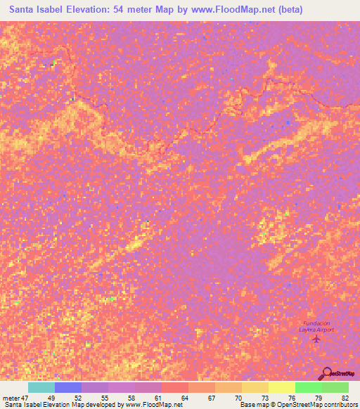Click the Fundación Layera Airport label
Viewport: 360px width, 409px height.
pyautogui.click(x=316, y=326)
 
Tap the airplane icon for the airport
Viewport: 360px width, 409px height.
pyautogui.click(x=316, y=340)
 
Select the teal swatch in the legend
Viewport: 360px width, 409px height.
pyautogui.click(x=41, y=387)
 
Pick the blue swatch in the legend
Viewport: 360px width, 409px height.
pyautogui.click(x=68, y=387)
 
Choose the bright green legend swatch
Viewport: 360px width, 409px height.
pyautogui.click(x=309, y=387)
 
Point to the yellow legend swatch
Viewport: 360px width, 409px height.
pyautogui.click(x=282, y=387)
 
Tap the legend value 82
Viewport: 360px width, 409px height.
pyautogui.click(x=345, y=398)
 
